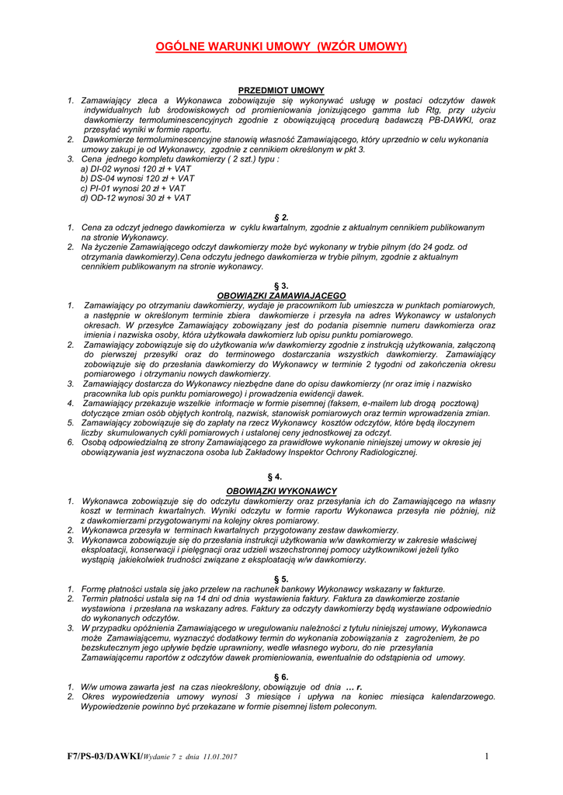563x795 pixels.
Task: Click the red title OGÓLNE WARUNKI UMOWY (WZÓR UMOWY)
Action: pos(281,47)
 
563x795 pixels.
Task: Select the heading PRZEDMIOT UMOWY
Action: pos(281,91)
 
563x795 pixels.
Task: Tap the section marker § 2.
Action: pos(281,217)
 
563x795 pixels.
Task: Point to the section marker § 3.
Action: pos(281,286)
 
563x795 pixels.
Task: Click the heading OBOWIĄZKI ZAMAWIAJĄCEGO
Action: pos(281,296)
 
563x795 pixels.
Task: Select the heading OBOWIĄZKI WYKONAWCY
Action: pos(281,491)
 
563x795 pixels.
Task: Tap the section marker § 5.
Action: pos(281,579)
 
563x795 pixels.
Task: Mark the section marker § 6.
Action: pos(281,677)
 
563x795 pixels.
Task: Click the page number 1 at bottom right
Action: pos(486,756)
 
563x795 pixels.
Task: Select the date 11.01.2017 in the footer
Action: pos(220,757)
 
